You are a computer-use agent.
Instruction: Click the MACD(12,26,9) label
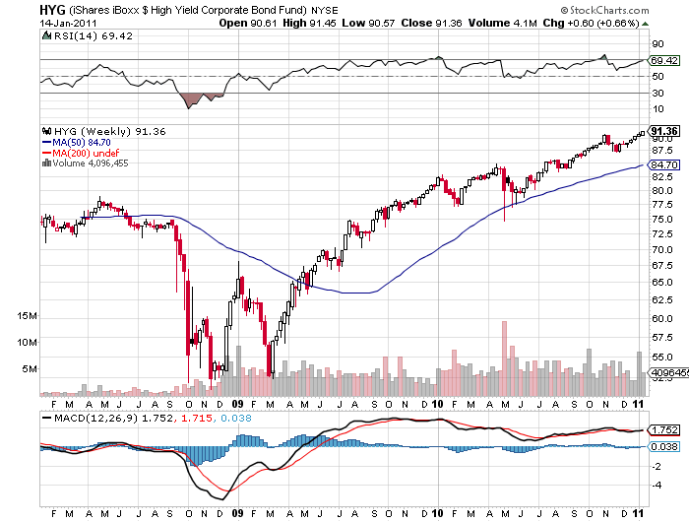click(84, 417)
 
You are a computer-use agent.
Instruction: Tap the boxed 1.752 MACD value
click(663, 429)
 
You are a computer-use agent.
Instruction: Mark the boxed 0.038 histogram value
click(663, 446)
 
